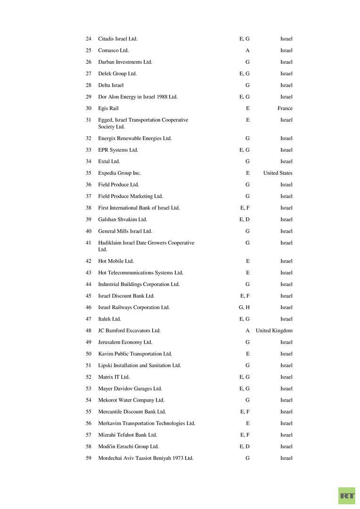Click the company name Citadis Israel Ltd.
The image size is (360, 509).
(117, 39)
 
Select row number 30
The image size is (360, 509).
(89, 108)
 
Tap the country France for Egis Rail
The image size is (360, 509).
(285, 108)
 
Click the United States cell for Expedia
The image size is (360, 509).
(278, 173)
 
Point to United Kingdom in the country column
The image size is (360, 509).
(274, 331)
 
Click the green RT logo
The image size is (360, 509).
(347, 496)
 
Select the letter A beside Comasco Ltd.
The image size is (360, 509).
(247, 50)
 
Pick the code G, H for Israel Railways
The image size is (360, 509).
(244, 307)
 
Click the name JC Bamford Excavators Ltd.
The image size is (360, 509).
(129, 331)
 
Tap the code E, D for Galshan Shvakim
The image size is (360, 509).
(244, 220)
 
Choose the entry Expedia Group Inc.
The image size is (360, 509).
(119, 173)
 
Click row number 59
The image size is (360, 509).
(89, 458)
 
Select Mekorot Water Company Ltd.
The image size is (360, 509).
(131, 400)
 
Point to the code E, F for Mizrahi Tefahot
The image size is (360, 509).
(245, 435)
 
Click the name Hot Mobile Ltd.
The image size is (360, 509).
(115, 261)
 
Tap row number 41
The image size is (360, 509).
(89, 243)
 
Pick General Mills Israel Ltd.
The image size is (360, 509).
(125, 231)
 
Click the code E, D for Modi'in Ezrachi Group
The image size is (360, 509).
(244, 446)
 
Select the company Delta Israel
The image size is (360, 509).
(111, 85)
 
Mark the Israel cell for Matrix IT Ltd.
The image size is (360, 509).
(286, 377)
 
